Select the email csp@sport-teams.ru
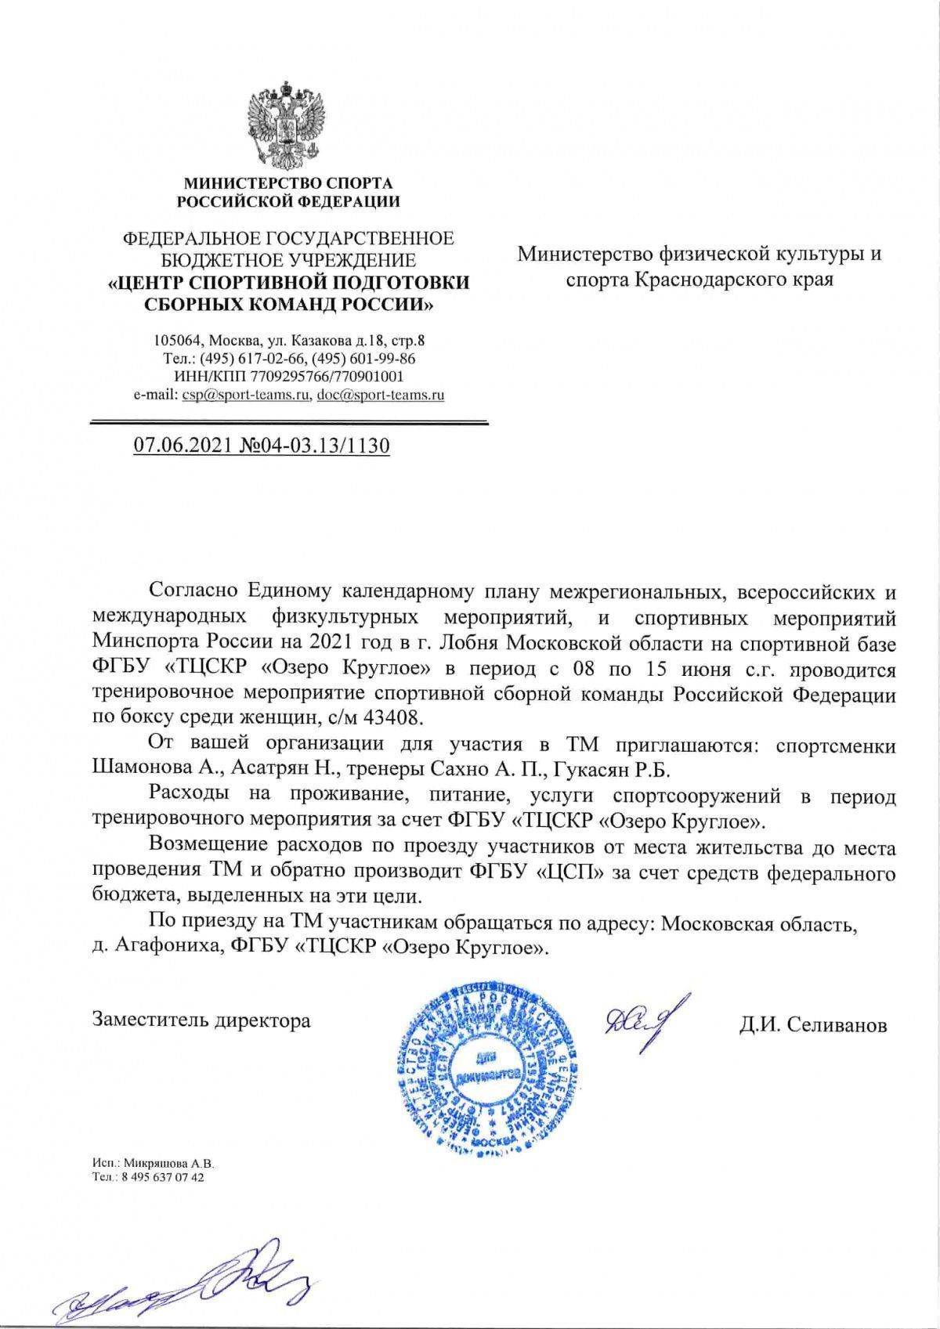244,395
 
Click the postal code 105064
176,341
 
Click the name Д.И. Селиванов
813,1024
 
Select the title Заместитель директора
201,1020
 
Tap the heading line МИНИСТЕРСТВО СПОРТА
287,184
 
